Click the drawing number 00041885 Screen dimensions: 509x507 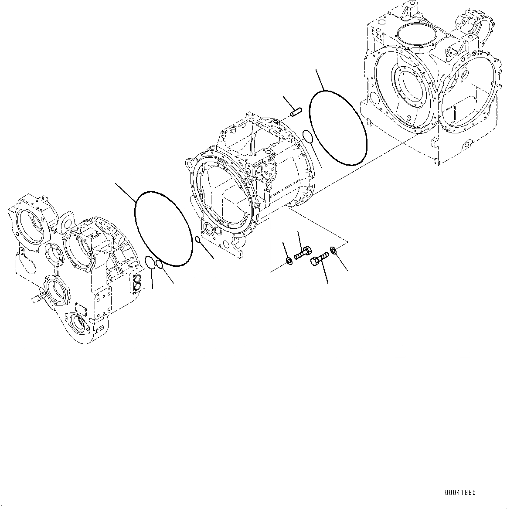460,493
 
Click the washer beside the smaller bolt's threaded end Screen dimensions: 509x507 289,261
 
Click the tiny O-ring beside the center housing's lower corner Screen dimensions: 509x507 197,239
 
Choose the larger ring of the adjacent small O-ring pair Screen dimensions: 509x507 150,263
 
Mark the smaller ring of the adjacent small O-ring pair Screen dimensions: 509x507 159,264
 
